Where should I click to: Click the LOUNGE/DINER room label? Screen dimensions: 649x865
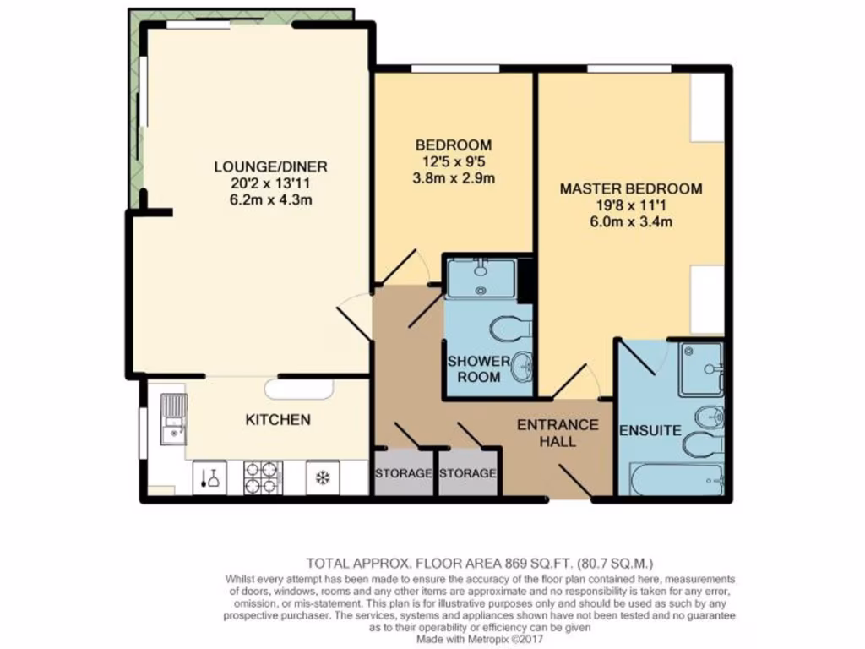click(269, 166)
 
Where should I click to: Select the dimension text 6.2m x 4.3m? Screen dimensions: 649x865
click(269, 200)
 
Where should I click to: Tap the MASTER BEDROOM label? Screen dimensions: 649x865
click(630, 189)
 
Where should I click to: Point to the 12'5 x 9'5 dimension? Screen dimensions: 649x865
click(454, 161)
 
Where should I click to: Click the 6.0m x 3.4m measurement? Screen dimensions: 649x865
click(630, 223)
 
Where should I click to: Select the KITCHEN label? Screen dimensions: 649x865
click(278, 420)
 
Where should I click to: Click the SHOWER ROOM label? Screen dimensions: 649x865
click(478, 369)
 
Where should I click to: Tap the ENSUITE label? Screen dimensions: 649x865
click(650, 430)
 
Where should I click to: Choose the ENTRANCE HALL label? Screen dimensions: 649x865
click(558, 433)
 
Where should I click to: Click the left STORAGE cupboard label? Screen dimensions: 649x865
click(403, 473)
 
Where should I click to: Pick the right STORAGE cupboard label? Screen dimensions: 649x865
click(467, 473)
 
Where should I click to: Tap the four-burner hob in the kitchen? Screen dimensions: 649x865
click(263, 477)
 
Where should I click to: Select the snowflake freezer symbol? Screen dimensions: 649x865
click(322, 478)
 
